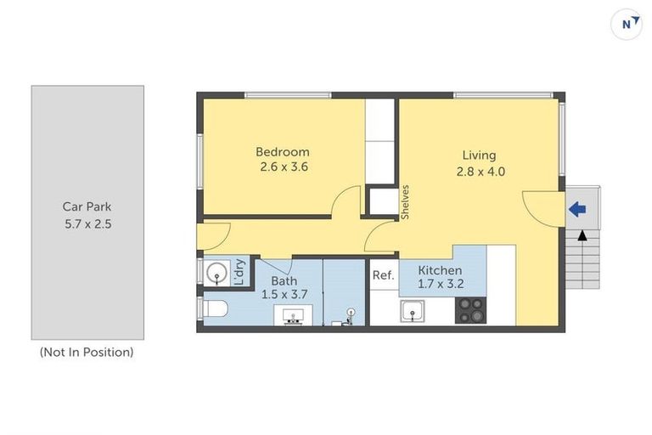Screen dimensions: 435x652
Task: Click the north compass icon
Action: (x=627, y=24)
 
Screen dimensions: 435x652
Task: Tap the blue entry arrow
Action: (x=577, y=208)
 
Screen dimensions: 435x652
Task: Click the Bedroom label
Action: (x=283, y=152)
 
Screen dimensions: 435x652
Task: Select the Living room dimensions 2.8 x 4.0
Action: (x=479, y=170)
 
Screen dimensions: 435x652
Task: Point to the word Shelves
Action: (x=406, y=202)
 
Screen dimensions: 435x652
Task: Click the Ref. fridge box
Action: (x=383, y=275)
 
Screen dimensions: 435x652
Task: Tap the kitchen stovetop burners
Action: (x=471, y=309)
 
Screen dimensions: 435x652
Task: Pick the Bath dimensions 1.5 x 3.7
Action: (x=284, y=295)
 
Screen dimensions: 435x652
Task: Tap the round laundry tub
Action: (x=217, y=274)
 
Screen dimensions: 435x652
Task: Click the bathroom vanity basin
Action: (x=294, y=316)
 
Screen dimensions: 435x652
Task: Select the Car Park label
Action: (x=87, y=206)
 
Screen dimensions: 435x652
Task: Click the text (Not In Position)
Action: (x=87, y=352)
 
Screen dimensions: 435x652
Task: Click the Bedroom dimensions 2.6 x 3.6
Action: (x=284, y=167)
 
